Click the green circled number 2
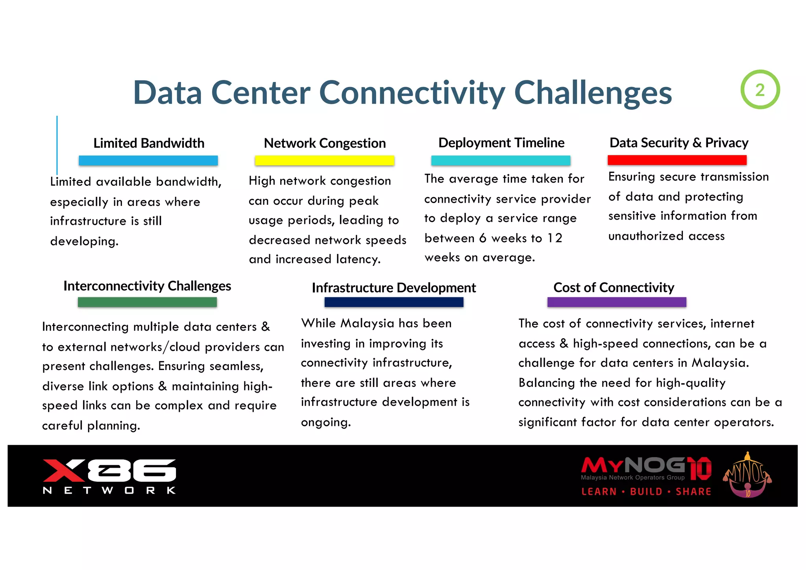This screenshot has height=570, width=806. click(760, 90)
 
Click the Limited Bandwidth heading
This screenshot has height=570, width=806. click(149, 143)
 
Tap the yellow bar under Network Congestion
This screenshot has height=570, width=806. click(324, 160)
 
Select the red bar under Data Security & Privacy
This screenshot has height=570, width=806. click(677, 160)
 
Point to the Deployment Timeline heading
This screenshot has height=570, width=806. click(501, 142)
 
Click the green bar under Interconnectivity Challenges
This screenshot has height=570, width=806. click(147, 302)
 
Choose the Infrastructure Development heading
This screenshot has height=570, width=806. click(394, 288)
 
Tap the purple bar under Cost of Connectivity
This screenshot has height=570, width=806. click(616, 302)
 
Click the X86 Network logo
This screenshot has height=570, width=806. click(109, 476)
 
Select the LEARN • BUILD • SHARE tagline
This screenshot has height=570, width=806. click(646, 492)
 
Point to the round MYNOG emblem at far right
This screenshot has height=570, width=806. click(747, 476)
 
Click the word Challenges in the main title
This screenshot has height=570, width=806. click(593, 93)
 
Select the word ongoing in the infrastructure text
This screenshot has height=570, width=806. click(325, 422)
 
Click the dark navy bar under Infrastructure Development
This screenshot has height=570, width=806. click(394, 302)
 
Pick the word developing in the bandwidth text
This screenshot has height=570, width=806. click(84, 241)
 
